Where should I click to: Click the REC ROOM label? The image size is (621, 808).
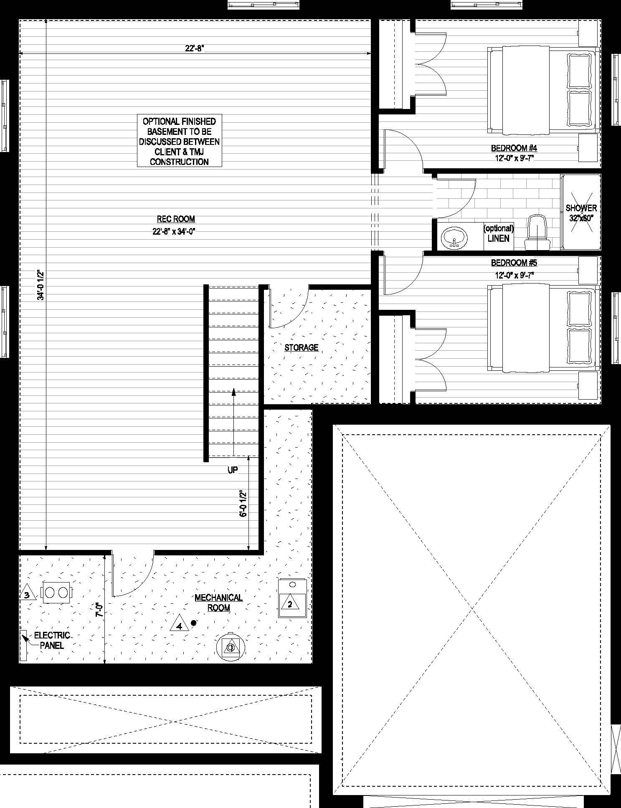(176, 219)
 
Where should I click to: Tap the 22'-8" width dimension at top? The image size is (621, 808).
(194, 48)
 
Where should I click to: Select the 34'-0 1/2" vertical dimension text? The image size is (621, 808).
(41, 285)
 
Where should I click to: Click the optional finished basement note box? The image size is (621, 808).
(180, 142)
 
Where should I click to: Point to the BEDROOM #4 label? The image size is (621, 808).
(514, 148)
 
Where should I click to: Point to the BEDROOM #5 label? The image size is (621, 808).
(514, 263)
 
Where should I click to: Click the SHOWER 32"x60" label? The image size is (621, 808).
(581, 213)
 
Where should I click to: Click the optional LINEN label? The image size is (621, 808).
(498, 233)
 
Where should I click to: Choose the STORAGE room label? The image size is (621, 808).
(302, 347)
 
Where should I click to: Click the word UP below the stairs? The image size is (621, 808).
(233, 470)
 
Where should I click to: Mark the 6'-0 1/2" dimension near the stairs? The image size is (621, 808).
(243, 503)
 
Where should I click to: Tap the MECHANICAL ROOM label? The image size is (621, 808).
(218, 603)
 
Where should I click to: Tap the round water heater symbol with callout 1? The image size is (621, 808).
(231, 648)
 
